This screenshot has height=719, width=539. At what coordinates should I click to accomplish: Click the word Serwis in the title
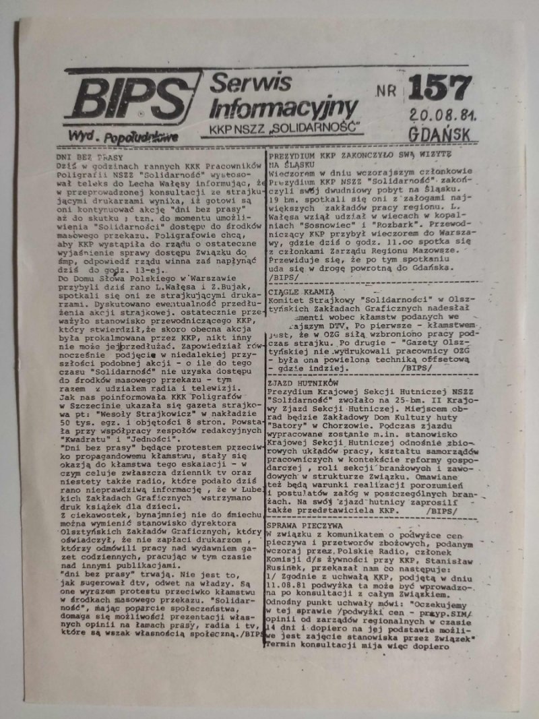coord(251,84)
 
